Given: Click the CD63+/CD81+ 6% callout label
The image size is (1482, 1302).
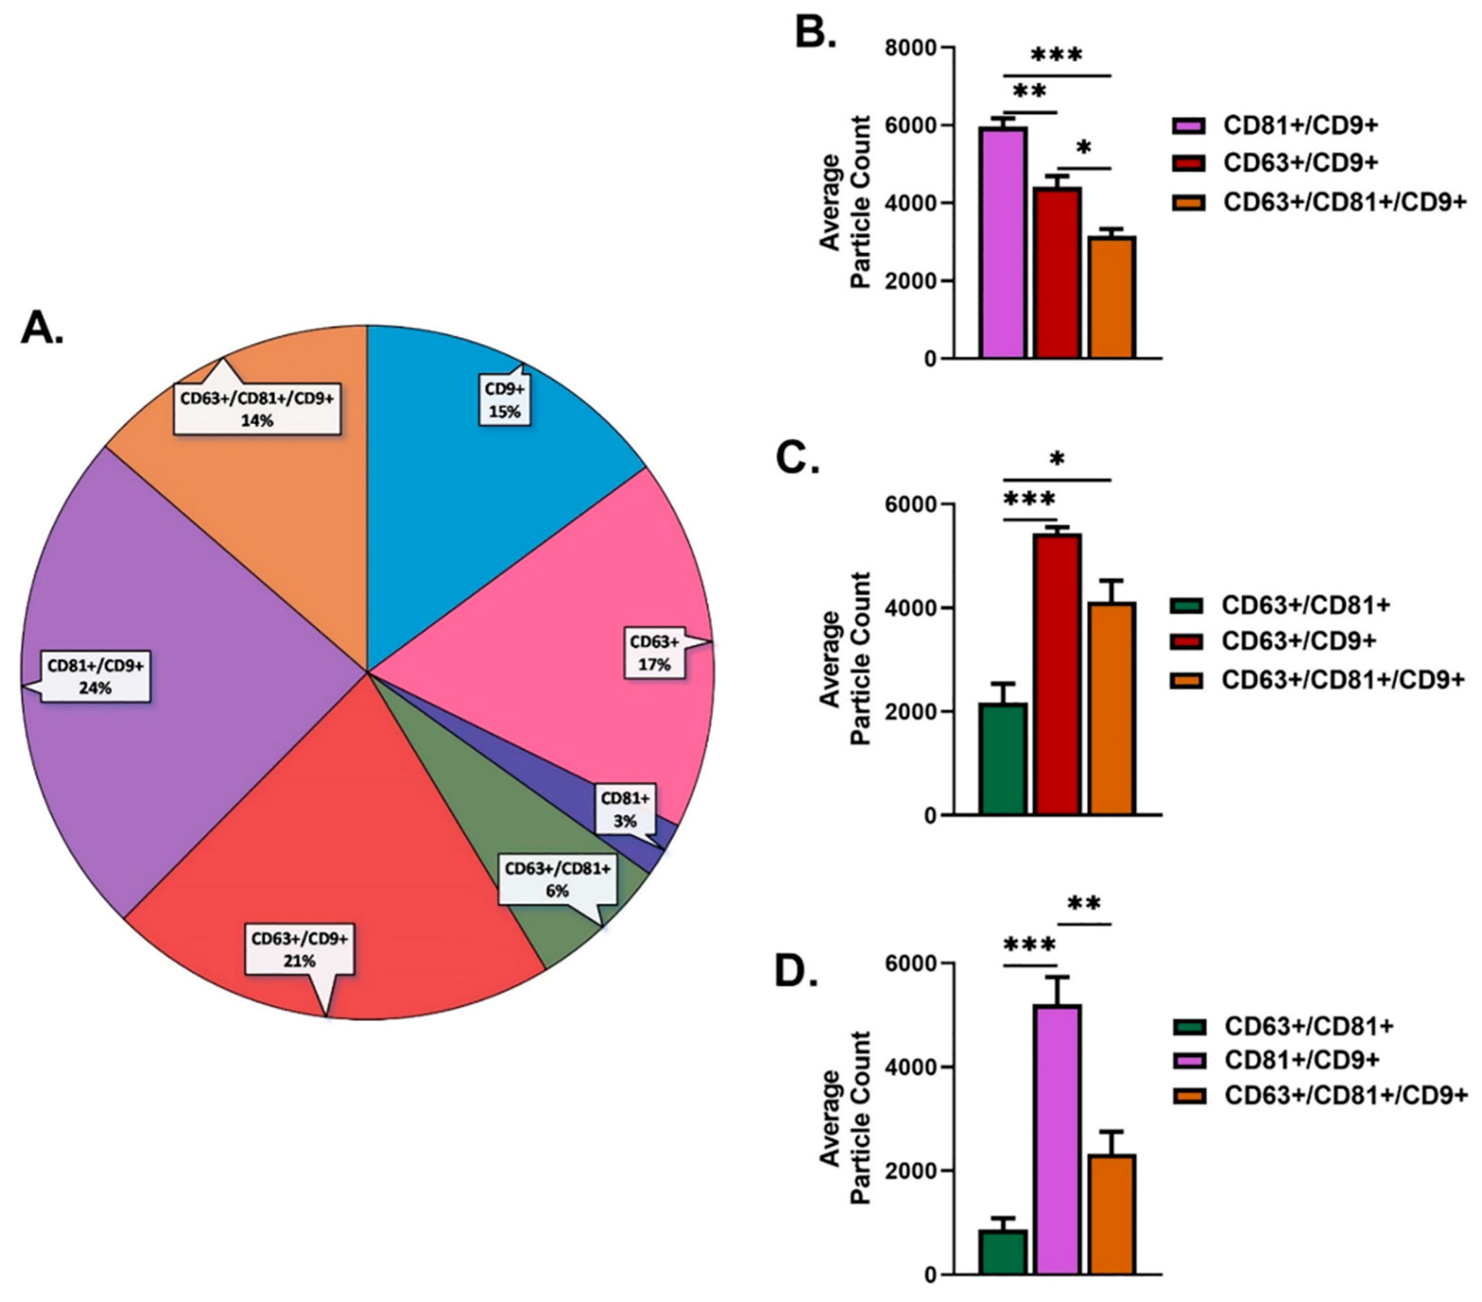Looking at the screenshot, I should (x=557, y=879).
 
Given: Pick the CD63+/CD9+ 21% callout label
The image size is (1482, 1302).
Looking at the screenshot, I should (x=299, y=949).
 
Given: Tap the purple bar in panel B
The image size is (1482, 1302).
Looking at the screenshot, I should (x=1003, y=243).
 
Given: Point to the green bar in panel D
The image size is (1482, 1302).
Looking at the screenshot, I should (x=1003, y=1251).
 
